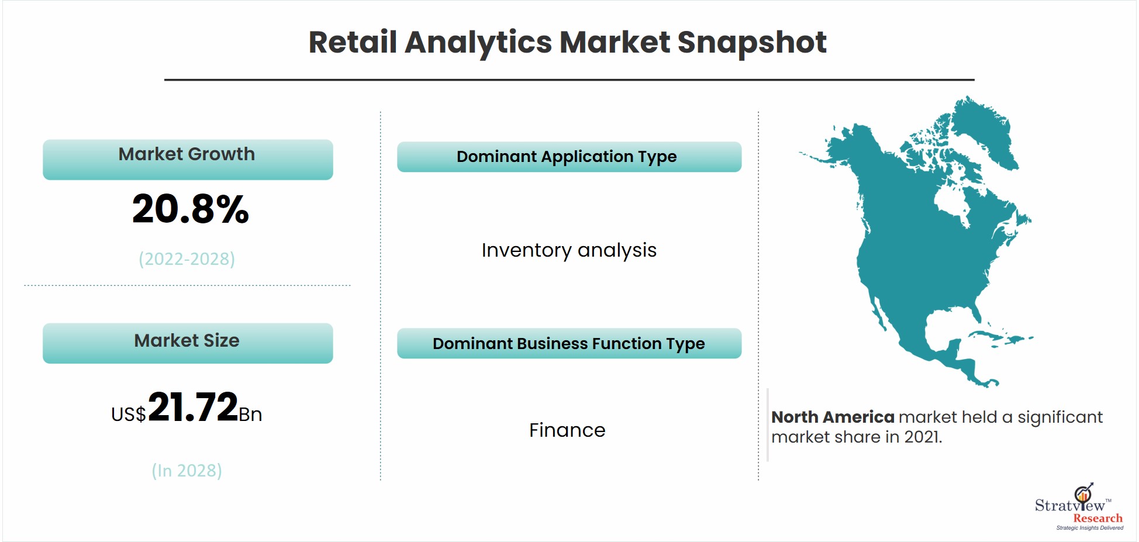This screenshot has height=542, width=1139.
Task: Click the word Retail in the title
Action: tap(353, 42)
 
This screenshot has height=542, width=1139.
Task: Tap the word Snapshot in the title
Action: tap(752, 43)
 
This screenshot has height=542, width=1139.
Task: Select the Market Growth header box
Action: tap(188, 159)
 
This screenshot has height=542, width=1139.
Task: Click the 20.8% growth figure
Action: tap(191, 209)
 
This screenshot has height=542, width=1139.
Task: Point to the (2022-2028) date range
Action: tap(187, 259)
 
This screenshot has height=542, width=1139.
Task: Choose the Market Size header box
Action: tap(188, 343)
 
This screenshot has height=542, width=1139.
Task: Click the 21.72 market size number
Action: tap(193, 407)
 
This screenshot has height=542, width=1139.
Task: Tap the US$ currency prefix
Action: tap(129, 415)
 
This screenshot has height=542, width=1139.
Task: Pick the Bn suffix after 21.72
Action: tap(250, 415)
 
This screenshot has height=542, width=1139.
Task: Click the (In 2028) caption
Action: tap(187, 471)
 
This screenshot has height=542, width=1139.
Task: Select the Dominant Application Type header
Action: tap(569, 157)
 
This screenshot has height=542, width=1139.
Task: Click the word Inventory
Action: tap(526, 250)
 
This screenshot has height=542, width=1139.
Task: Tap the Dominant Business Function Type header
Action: tap(569, 343)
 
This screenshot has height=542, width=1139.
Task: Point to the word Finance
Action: tap(567, 430)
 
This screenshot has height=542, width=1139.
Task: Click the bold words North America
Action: tap(833, 417)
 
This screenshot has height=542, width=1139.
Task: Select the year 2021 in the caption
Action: tap(922, 437)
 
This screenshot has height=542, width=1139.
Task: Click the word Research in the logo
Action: tap(1097, 518)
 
